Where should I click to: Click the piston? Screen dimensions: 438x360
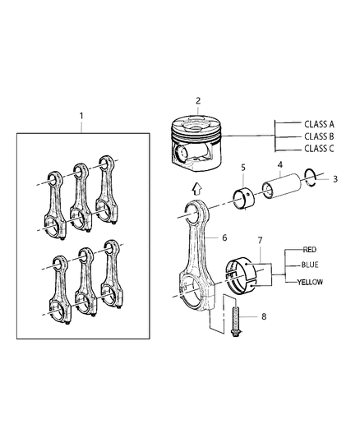click(x=201, y=141)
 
